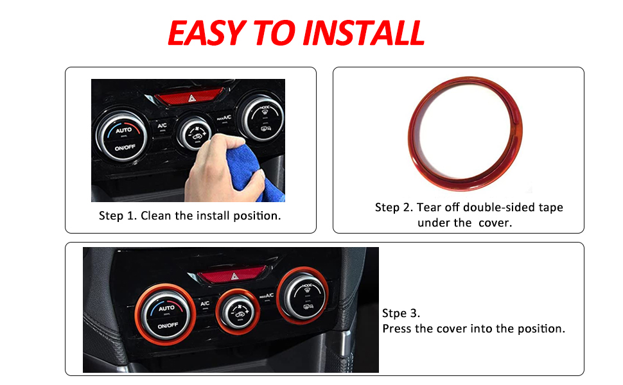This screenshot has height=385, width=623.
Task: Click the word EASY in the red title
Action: pyautogui.click(x=207, y=33)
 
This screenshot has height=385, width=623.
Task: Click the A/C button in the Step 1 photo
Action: pyautogui.click(x=162, y=126)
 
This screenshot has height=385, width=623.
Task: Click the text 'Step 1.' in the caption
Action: pyautogui.click(x=118, y=216)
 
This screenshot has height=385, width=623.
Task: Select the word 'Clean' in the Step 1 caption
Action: pyautogui.click(x=155, y=216)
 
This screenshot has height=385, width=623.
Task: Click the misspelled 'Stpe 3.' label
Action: pyautogui.click(x=401, y=313)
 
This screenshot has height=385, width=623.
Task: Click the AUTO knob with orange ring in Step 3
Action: pyautogui.click(x=165, y=315)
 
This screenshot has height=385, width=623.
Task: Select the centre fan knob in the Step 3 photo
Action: pyautogui.click(x=238, y=312)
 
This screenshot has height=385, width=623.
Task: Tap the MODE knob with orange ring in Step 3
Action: pyautogui.click(x=303, y=296)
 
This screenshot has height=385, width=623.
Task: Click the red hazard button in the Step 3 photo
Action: pyautogui.click(x=232, y=275)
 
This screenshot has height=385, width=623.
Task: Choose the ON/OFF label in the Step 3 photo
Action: pyautogui.click(x=168, y=325)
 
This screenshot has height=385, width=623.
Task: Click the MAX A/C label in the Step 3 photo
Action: pyautogui.click(x=267, y=296)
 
